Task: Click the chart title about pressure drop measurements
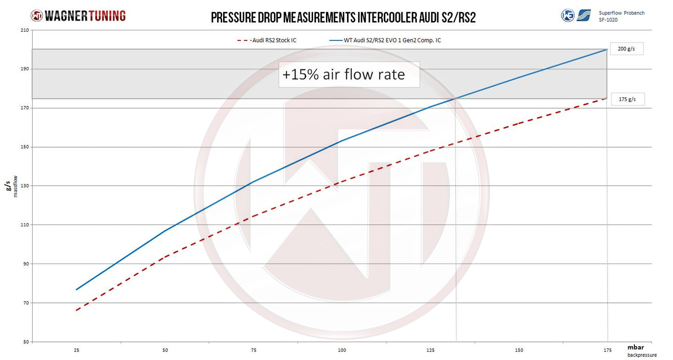tap(343, 17)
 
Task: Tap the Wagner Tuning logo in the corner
tap(78, 15)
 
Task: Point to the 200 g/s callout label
tap(626, 49)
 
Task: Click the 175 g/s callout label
tap(627, 99)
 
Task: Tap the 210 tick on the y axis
tap(24, 30)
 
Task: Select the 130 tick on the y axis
tap(24, 186)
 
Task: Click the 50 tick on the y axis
tap(26, 342)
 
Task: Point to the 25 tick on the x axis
tap(76, 350)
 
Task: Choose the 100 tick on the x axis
tap(342, 350)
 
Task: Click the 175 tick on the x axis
tap(607, 350)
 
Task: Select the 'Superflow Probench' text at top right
tap(621, 13)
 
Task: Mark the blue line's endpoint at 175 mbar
tap(607, 49)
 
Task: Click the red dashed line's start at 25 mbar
tap(76, 310)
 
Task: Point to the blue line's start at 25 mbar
tap(76, 289)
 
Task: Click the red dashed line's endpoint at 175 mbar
tap(607, 98)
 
